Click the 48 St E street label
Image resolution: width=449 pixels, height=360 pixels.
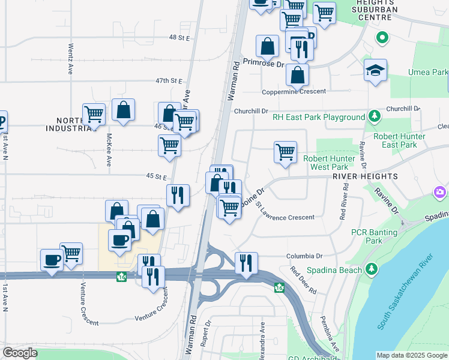179,37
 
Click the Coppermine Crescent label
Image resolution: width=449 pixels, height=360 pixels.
294,91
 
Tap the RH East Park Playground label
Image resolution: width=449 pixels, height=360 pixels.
319,118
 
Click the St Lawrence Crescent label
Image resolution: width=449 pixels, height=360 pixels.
285,214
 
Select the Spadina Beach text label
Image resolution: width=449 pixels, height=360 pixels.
334,270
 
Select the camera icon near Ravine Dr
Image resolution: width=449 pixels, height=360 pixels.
440,192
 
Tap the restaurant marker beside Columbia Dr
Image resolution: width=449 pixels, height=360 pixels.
246,263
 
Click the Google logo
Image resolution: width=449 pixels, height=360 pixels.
20,353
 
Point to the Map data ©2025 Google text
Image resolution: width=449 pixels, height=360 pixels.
412,355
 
